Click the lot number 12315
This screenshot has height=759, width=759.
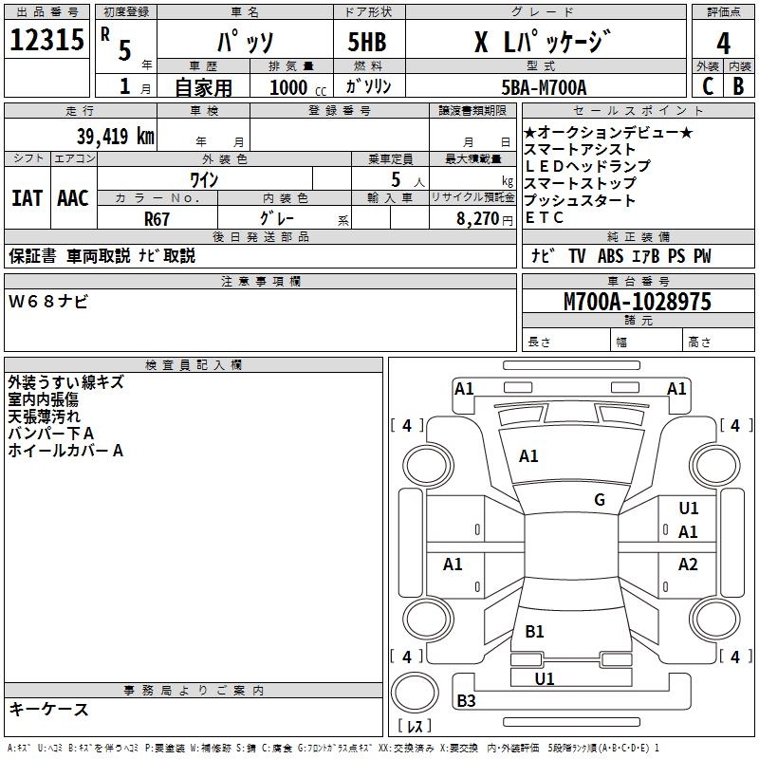click(49, 41)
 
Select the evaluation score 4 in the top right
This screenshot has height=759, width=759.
click(723, 43)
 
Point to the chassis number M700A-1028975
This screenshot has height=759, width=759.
click(637, 302)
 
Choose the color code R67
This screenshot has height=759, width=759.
click(157, 217)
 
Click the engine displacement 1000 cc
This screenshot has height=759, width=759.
click(295, 87)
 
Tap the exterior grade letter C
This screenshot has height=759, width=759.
click(707, 86)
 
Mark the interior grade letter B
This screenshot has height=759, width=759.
click(738, 86)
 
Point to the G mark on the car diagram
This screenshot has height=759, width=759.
click(600, 500)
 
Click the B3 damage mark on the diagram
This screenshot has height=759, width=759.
click(466, 701)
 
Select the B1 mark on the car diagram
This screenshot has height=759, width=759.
click(534, 632)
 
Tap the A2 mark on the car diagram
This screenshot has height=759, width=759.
click(688, 565)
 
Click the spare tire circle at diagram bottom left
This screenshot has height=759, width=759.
click(416, 695)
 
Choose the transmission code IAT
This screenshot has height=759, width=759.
click(27, 198)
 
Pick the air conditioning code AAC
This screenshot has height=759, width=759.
click(73, 198)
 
